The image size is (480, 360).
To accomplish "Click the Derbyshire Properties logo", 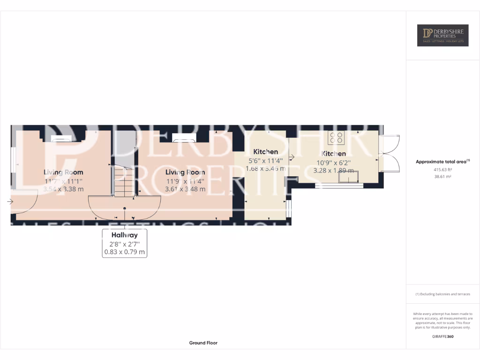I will (x=442, y=35).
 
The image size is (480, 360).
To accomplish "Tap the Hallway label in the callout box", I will (x=124, y=235).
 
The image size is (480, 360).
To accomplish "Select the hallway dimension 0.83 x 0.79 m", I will (x=124, y=252).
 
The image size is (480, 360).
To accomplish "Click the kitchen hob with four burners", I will (x=337, y=137).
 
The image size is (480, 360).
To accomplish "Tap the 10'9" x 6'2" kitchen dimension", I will (x=333, y=162).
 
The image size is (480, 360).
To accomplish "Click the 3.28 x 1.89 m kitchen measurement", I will (x=333, y=170).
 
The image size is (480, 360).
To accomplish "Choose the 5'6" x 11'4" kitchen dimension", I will (x=265, y=160).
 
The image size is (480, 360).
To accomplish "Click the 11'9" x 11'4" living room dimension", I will (x=185, y=180).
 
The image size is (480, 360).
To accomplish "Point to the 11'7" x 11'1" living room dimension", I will (x=63, y=180).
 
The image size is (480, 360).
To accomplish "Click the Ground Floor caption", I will (x=203, y=343).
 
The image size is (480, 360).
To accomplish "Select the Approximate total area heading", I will (x=442, y=162).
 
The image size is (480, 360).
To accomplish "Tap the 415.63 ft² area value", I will (x=442, y=170).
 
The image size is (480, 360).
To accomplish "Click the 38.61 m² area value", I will (x=442, y=177).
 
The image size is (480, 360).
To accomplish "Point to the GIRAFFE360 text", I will (x=442, y=336).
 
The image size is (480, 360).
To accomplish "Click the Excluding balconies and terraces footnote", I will (x=442, y=294).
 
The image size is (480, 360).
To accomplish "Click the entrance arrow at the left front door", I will (x=10, y=202).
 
